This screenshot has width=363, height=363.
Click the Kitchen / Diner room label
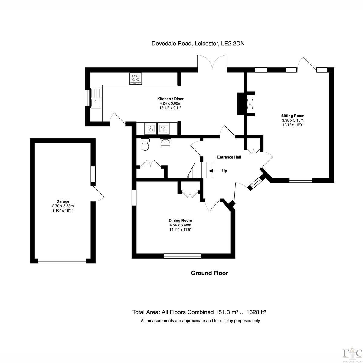[170, 99]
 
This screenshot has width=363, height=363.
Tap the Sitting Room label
[293, 116]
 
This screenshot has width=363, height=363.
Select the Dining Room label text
[180, 221]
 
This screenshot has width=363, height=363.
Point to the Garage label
[63, 201]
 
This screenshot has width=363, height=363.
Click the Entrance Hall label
[229, 157]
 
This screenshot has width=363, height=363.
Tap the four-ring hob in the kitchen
[136, 79]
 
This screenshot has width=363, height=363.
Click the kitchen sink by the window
[96, 98]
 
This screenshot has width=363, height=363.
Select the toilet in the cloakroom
[145, 144]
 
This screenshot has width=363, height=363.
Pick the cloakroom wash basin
[165, 142]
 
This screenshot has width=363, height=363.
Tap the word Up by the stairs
[224, 171]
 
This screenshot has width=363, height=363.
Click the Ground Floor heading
[209, 273]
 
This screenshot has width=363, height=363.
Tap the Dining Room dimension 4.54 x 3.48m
[180, 225]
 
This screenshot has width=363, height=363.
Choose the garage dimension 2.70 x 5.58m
[63, 206]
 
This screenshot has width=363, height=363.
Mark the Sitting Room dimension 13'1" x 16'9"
[293, 125]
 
